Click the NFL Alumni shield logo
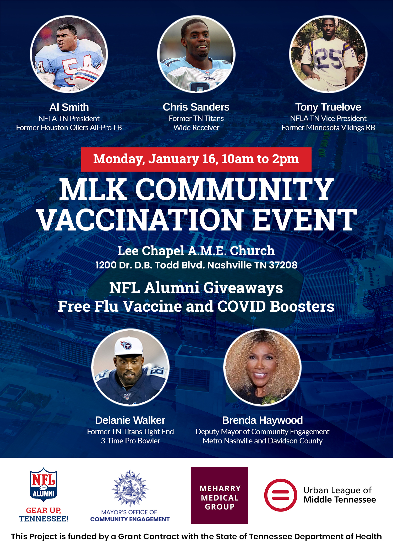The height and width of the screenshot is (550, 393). (x=43, y=484)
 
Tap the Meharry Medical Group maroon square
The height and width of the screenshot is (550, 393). (x=219, y=495)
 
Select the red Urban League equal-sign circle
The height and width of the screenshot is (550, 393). (x=281, y=495)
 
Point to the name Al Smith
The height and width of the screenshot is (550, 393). (x=69, y=107)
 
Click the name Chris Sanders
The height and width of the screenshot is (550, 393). (x=196, y=107)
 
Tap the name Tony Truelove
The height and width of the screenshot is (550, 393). (x=328, y=107)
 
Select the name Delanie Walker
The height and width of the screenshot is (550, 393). (x=130, y=420)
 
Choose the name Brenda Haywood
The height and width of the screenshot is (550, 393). (x=262, y=420)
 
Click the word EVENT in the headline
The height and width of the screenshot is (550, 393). (x=304, y=219)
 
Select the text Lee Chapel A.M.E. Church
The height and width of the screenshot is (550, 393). (x=196, y=251)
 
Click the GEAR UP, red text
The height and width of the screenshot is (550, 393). (x=43, y=510)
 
